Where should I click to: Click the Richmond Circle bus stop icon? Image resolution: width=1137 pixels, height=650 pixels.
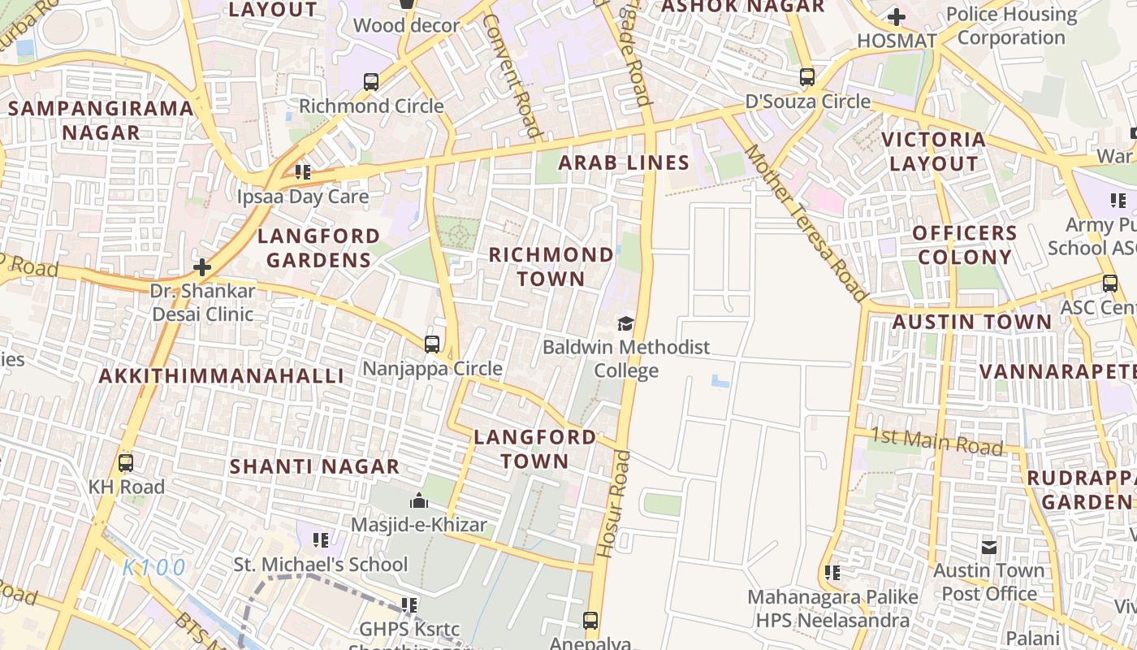click(x=371, y=81)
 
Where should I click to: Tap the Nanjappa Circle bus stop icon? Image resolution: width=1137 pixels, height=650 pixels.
click(x=432, y=344)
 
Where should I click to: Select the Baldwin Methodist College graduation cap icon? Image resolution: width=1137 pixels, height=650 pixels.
click(x=625, y=324)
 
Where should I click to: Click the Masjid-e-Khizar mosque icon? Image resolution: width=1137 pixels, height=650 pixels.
click(x=419, y=500)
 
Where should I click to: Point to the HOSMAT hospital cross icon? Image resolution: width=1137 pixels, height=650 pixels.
click(x=897, y=16)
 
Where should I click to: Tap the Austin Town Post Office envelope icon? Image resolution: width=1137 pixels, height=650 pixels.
click(x=988, y=547)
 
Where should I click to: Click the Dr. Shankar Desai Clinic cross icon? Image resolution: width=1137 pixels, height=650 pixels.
click(x=202, y=266)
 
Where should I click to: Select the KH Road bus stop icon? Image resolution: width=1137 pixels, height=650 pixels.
click(x=126, y=463)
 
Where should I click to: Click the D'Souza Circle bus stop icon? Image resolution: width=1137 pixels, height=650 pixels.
click(x=806, y=77)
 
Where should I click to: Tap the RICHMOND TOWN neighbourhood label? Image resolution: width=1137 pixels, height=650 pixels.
click(x=551, y=266)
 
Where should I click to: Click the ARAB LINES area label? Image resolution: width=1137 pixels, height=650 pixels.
click(x=624, y=162)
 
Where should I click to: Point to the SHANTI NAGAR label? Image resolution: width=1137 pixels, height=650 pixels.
click(x=314, y=466)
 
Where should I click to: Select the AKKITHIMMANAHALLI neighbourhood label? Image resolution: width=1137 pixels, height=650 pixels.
click(x=222, y=375)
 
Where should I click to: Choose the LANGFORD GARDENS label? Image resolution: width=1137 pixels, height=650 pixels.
click(x=318, y=248)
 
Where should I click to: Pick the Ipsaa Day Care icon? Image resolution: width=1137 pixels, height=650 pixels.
click(x=303, y=171)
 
